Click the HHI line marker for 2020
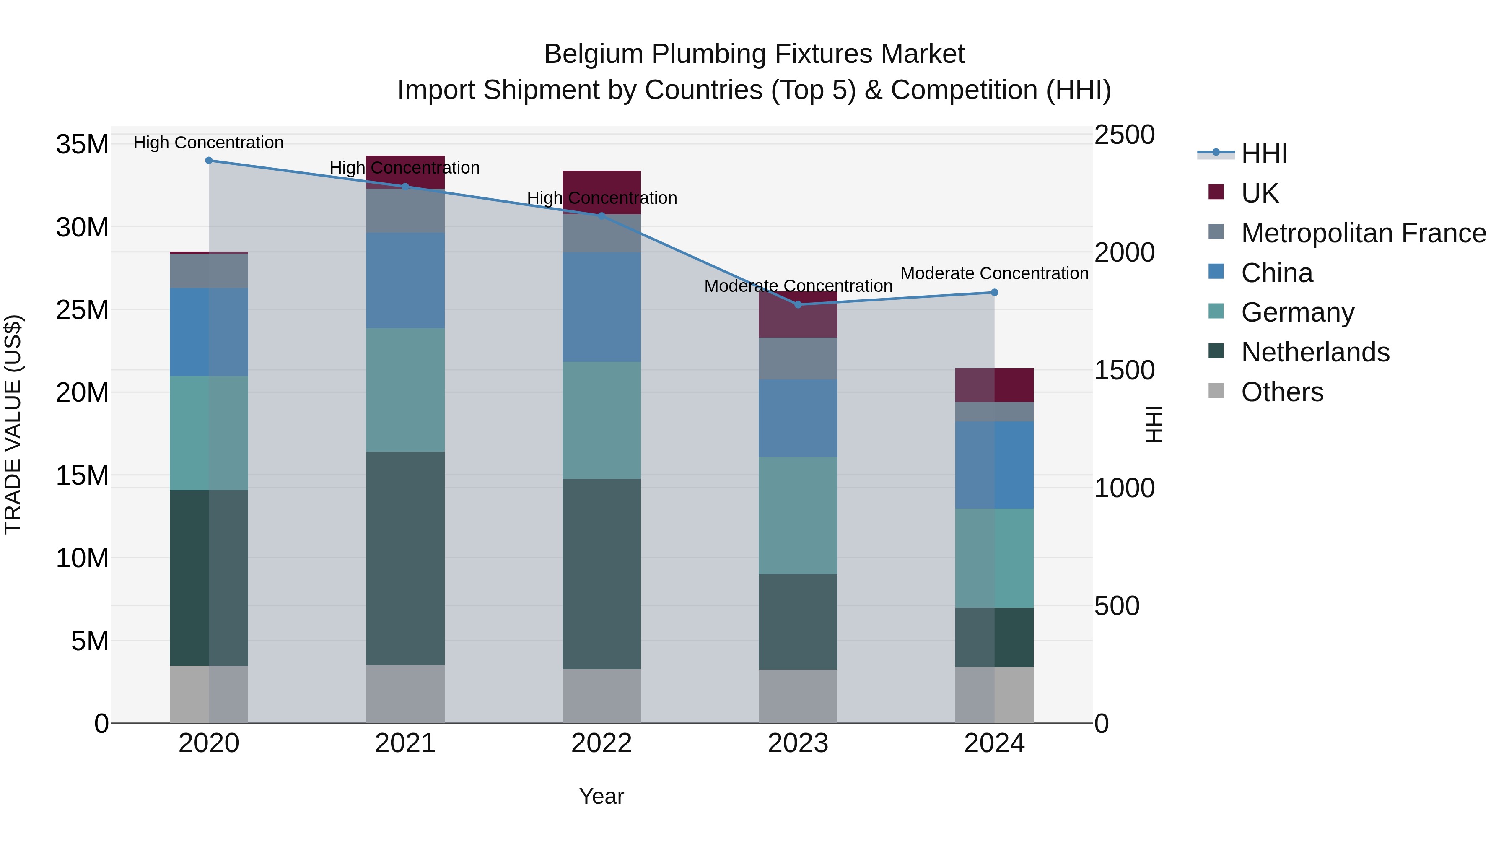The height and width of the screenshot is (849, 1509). (209, 161)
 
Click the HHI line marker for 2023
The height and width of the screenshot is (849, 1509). (797, 305)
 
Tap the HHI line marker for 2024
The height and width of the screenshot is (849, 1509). (994, 292)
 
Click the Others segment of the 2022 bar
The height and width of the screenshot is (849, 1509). (602, 696)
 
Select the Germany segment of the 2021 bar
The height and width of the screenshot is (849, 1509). (405, 389)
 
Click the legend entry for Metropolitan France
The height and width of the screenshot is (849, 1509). (1363, 233)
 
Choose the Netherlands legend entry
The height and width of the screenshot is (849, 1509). (1315, 352)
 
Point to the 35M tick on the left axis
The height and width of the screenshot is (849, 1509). (82, 144)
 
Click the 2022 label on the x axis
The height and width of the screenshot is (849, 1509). (602, 743)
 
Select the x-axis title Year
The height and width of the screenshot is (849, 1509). (602, 796)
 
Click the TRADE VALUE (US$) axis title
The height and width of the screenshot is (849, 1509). (13, 424)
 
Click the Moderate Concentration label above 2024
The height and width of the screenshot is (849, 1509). (994, 274)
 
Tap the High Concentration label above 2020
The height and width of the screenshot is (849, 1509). (209, 143)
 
